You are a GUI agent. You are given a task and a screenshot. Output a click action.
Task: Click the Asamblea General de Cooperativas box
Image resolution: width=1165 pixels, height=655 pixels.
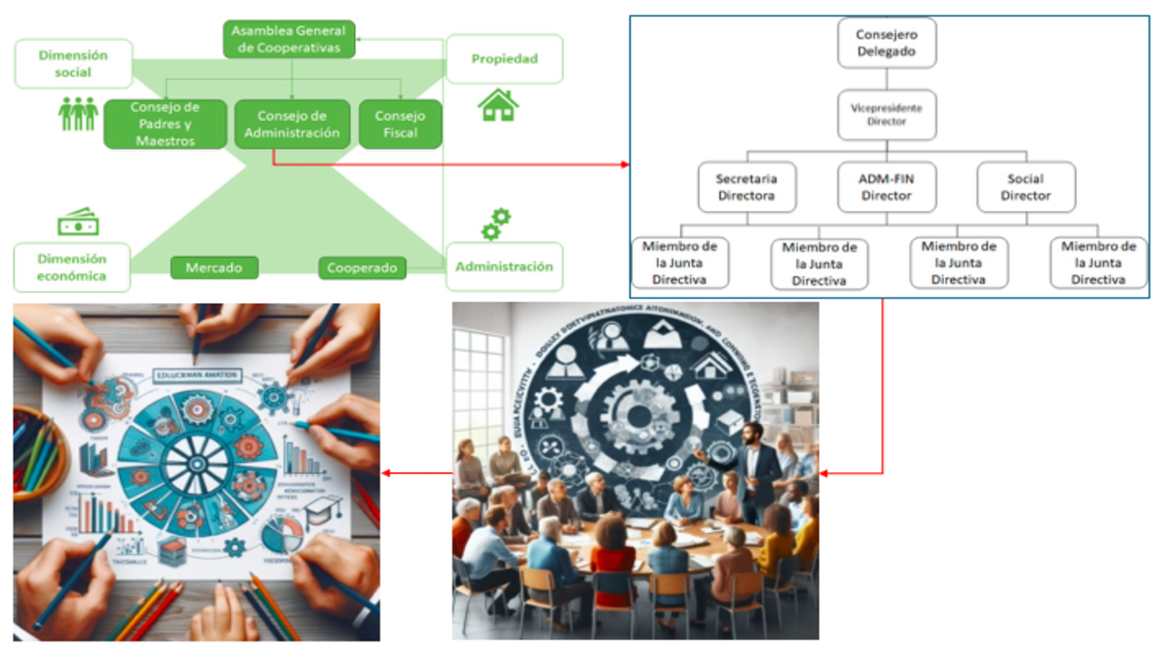(x=289, y=40)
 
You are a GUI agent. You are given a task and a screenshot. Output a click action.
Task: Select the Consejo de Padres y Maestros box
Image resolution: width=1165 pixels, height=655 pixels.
(x=165, y=125)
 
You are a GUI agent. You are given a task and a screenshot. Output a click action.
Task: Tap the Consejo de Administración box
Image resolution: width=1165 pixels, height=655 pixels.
(x=291, y=125)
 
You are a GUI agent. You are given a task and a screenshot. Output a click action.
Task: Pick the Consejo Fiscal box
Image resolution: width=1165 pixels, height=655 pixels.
(x=400, y=125)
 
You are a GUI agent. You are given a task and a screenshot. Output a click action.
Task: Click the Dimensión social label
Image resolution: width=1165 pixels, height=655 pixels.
(x=73, y=64)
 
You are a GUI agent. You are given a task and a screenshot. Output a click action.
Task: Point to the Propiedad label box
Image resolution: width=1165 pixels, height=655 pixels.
(x=504, y=59)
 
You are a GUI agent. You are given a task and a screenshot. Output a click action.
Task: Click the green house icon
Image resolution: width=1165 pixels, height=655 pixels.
(x=498, y=105)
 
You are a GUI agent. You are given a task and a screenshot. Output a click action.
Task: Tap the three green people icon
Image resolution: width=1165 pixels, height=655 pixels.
(x=78, y=113)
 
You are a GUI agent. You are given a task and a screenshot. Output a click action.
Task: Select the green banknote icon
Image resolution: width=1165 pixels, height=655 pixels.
(x=78, y=221)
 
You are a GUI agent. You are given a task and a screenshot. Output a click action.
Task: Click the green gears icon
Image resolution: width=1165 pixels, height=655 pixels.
(x=495, y=224)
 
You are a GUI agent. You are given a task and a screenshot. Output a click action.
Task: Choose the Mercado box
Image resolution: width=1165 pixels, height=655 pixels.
(x=214, y=267)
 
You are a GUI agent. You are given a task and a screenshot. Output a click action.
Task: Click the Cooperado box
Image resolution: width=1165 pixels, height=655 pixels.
(x=362, y=267)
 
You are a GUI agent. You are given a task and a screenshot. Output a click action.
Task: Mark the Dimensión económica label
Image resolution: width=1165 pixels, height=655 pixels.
(x=73, y=267)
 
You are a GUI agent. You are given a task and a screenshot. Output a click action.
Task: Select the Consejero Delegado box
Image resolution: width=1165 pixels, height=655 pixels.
(x=886, y=43)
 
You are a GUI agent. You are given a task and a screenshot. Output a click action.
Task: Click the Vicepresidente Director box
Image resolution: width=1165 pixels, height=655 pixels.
(x=886, y=115)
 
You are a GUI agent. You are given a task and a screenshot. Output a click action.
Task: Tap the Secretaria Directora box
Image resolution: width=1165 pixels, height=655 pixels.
(x=745, y=187)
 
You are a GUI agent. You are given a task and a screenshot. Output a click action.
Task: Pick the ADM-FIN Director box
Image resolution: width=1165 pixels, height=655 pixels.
(x=886, y=187)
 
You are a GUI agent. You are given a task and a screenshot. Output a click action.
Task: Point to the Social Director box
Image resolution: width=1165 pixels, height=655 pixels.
(x=1026, y=187)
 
